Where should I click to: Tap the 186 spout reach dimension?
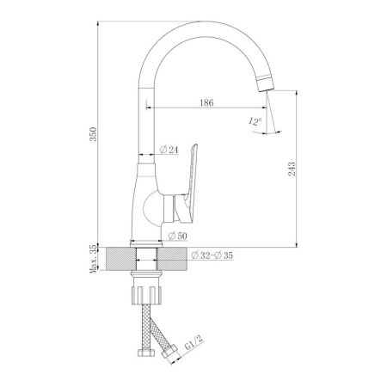click(x=206, y=102)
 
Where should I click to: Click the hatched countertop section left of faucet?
click(x=116, y=258)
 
